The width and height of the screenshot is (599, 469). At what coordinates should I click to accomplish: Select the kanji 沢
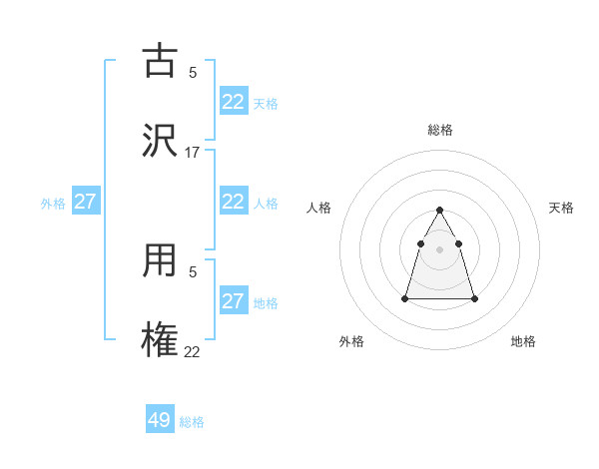click(160, 141)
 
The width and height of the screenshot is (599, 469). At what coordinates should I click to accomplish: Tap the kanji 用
click(160, 261)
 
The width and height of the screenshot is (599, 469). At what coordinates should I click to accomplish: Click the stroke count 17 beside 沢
click(193, 153)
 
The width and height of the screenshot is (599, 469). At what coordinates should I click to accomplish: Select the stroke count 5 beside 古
click(193, 72)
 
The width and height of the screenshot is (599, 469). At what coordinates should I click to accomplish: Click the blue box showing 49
click(160, 420)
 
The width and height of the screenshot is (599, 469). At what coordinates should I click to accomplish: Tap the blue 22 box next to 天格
click(234, 101)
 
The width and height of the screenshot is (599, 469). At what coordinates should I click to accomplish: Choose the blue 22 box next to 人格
click(234, 201)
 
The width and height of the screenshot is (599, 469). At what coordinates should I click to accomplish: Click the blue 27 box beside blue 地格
click(234, 301)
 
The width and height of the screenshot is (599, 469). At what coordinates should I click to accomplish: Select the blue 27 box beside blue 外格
click(85, 202)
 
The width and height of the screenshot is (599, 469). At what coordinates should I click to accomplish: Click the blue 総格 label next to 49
click(192, 422)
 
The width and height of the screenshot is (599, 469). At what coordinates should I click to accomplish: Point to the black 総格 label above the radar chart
click(440, 130)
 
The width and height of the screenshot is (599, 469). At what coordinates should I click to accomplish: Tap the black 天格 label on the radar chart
click(561, 208)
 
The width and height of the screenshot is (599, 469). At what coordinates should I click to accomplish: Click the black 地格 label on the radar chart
click(523, 341)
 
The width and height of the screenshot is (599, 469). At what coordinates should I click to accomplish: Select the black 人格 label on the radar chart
click(319, 208)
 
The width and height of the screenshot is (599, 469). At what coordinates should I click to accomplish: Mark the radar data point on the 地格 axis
click(474, 298)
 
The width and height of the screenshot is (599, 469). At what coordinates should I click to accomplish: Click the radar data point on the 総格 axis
click(440, 211)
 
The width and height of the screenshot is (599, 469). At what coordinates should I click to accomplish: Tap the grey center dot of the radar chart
click(440, 249)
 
